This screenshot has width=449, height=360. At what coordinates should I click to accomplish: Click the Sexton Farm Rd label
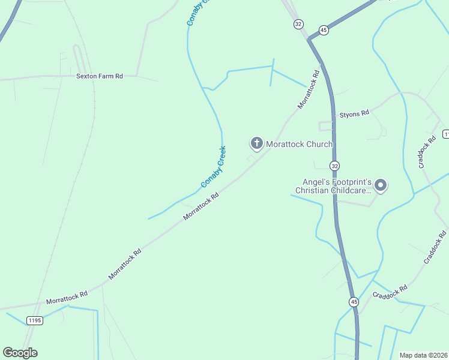100,76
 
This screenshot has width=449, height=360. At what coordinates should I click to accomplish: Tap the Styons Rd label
354,113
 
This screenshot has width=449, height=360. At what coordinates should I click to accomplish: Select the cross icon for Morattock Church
256,143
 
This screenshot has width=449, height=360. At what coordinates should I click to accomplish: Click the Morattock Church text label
299,144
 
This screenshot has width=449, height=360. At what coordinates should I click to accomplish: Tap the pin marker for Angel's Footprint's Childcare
381,186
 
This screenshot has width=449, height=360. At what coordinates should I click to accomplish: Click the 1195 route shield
35,320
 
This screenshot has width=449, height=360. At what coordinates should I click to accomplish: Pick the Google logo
20,353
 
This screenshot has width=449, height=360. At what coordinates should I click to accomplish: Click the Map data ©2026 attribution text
423,355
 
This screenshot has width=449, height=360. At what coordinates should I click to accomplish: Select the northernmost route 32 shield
298,24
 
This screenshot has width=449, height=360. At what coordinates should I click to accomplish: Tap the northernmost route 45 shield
324,30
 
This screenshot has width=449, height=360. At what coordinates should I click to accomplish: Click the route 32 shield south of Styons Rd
334,166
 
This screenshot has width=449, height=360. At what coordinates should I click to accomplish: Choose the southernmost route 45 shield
354,301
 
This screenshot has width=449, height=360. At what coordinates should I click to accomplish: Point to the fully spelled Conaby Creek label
213,167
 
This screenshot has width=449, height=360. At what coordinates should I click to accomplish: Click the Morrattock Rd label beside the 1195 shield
67,297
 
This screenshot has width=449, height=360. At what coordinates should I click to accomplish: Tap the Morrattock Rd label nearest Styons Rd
307,90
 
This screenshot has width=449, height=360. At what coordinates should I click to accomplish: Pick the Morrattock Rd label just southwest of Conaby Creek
200,206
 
